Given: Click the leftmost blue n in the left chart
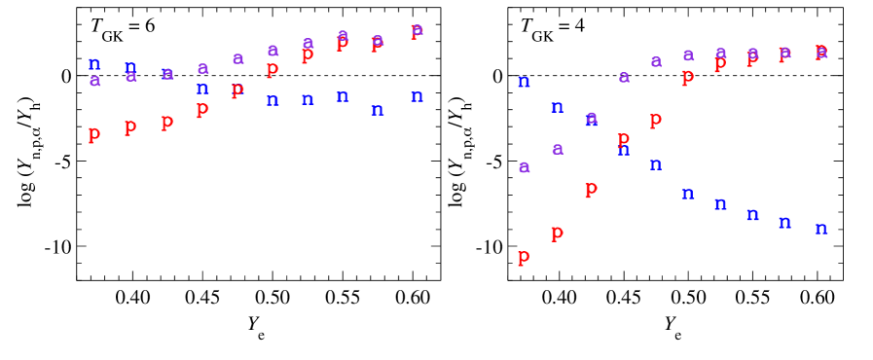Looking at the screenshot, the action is pyautogui.click(x=94, y=64).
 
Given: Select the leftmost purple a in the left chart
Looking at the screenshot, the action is pyautogui.click(x=94, y=81).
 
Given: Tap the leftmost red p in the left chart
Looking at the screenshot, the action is pyautogui.click(x=94, y=134).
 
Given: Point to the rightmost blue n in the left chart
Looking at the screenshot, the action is pyautogui.click(x=417, y=96).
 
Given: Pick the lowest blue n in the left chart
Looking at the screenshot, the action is pyautogui.click(x=378, y=110).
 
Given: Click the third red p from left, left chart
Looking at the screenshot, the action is pyautogui.click(x=167, y=122).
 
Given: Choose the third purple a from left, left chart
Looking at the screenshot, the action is pyautogui.click(x=167, y=73).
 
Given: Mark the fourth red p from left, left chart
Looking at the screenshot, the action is pyautogui.click(x=202, y=109).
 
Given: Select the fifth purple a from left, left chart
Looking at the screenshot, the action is pyautogui.click(x=237, y=58).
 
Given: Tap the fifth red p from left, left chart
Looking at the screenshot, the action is pyautogui.click(x=237, y=90).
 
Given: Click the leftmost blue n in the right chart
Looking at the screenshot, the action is pyautogui.click(x=524, y=82).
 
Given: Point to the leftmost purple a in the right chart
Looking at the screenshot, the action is pyautogui.click(x=524, y=166).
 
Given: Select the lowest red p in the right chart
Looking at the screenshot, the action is pyautogui.click(x=524, y=256).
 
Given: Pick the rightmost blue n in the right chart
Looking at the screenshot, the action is pyautogui.click(x=821, y=229).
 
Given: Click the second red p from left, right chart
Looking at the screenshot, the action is pyautogui.click(x=557, y=233).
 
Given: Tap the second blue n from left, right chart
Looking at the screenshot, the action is pyautogui.click(x=557, y=107).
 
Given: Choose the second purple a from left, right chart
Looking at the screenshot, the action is pyautogui.click(x=558, y=149).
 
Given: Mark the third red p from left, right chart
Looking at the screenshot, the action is pyautogui.click(x=591, y=189).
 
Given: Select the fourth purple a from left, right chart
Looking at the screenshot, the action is pyautogui.click(x=624, y=77).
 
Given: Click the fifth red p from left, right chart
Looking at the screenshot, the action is pyautogui.click(x=656, y=119).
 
